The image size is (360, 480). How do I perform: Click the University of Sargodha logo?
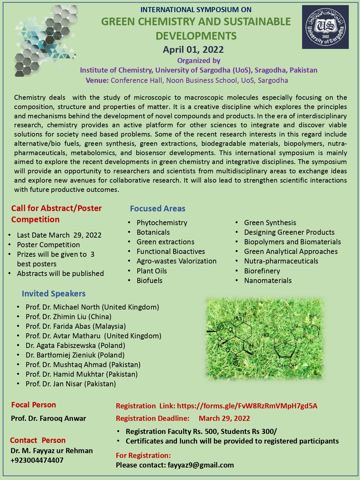coord(325,27)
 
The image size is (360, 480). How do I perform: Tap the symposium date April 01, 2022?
coord(193,50)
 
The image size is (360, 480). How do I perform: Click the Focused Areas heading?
coord(157,209)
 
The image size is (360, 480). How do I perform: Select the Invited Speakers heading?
coord(53,294)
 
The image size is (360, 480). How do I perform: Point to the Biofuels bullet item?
coord(149,280)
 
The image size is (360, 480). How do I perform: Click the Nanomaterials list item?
coord(268,280)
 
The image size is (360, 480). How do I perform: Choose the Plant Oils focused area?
coord(152,271)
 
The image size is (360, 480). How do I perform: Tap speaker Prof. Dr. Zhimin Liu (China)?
coord(68,317)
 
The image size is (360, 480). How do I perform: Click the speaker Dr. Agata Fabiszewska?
coord(75,345)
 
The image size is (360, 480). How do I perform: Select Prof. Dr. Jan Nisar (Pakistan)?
coord(71,384)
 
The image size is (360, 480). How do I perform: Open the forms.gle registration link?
coord(247,406)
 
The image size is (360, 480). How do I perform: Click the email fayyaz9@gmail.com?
coord(201,465)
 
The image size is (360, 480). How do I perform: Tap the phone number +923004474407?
coord(37,460)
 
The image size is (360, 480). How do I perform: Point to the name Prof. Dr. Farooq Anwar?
coord(48,418)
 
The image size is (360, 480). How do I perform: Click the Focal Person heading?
coord(34,405)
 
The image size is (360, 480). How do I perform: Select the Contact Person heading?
coord(38,440)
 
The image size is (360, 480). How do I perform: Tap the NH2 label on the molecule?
coord(313,316)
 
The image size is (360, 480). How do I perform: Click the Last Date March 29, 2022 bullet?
coord(59,235)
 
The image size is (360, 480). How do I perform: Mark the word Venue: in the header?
coord(97,80)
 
